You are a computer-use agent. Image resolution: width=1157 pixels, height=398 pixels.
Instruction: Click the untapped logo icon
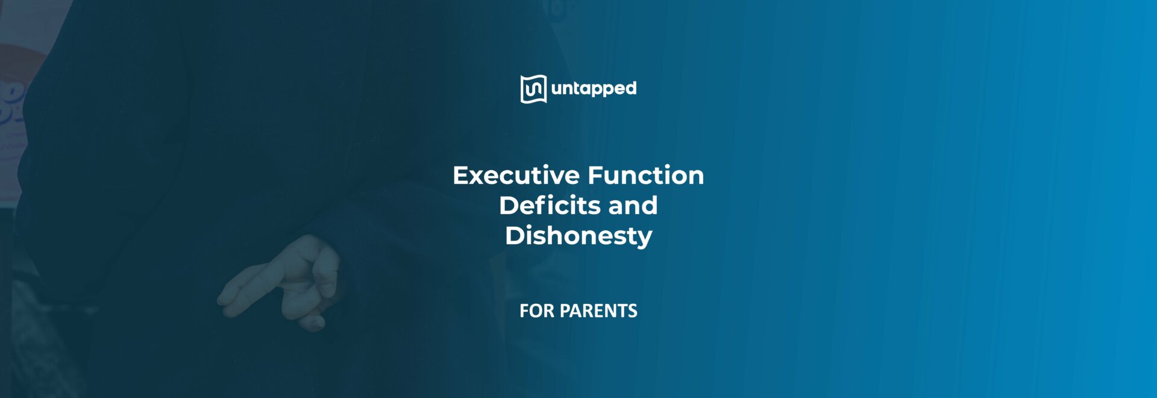(x=533, y=89)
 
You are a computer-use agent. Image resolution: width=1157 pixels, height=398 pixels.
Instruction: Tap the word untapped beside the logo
(x=594, y=89)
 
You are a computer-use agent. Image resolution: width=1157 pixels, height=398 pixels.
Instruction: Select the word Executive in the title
(x=516, y=175)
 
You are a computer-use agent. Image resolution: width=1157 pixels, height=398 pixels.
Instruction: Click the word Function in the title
(x=645, y=175)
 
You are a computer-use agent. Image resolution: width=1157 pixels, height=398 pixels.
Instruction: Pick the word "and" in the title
(x=633, y=206)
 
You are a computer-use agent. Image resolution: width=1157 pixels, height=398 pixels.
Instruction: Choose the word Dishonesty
(x=578, y=236)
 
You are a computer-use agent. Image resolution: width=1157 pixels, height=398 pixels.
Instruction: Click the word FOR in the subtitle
(x=536, y=311)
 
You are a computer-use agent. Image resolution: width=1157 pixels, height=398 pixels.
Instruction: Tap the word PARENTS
(x=598, y=311)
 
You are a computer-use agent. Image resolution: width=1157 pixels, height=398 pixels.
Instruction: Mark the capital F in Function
(x=594, y=175)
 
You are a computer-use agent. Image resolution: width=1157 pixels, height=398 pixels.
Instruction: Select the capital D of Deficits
(x=509, y=206)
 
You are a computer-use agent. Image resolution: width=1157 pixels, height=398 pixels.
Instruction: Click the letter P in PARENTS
(x=565, y=311)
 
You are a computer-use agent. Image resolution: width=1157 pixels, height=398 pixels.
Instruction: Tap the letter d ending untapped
(x=630, y=88)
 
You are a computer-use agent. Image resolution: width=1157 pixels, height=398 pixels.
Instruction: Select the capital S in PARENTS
(x=633, y=311)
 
